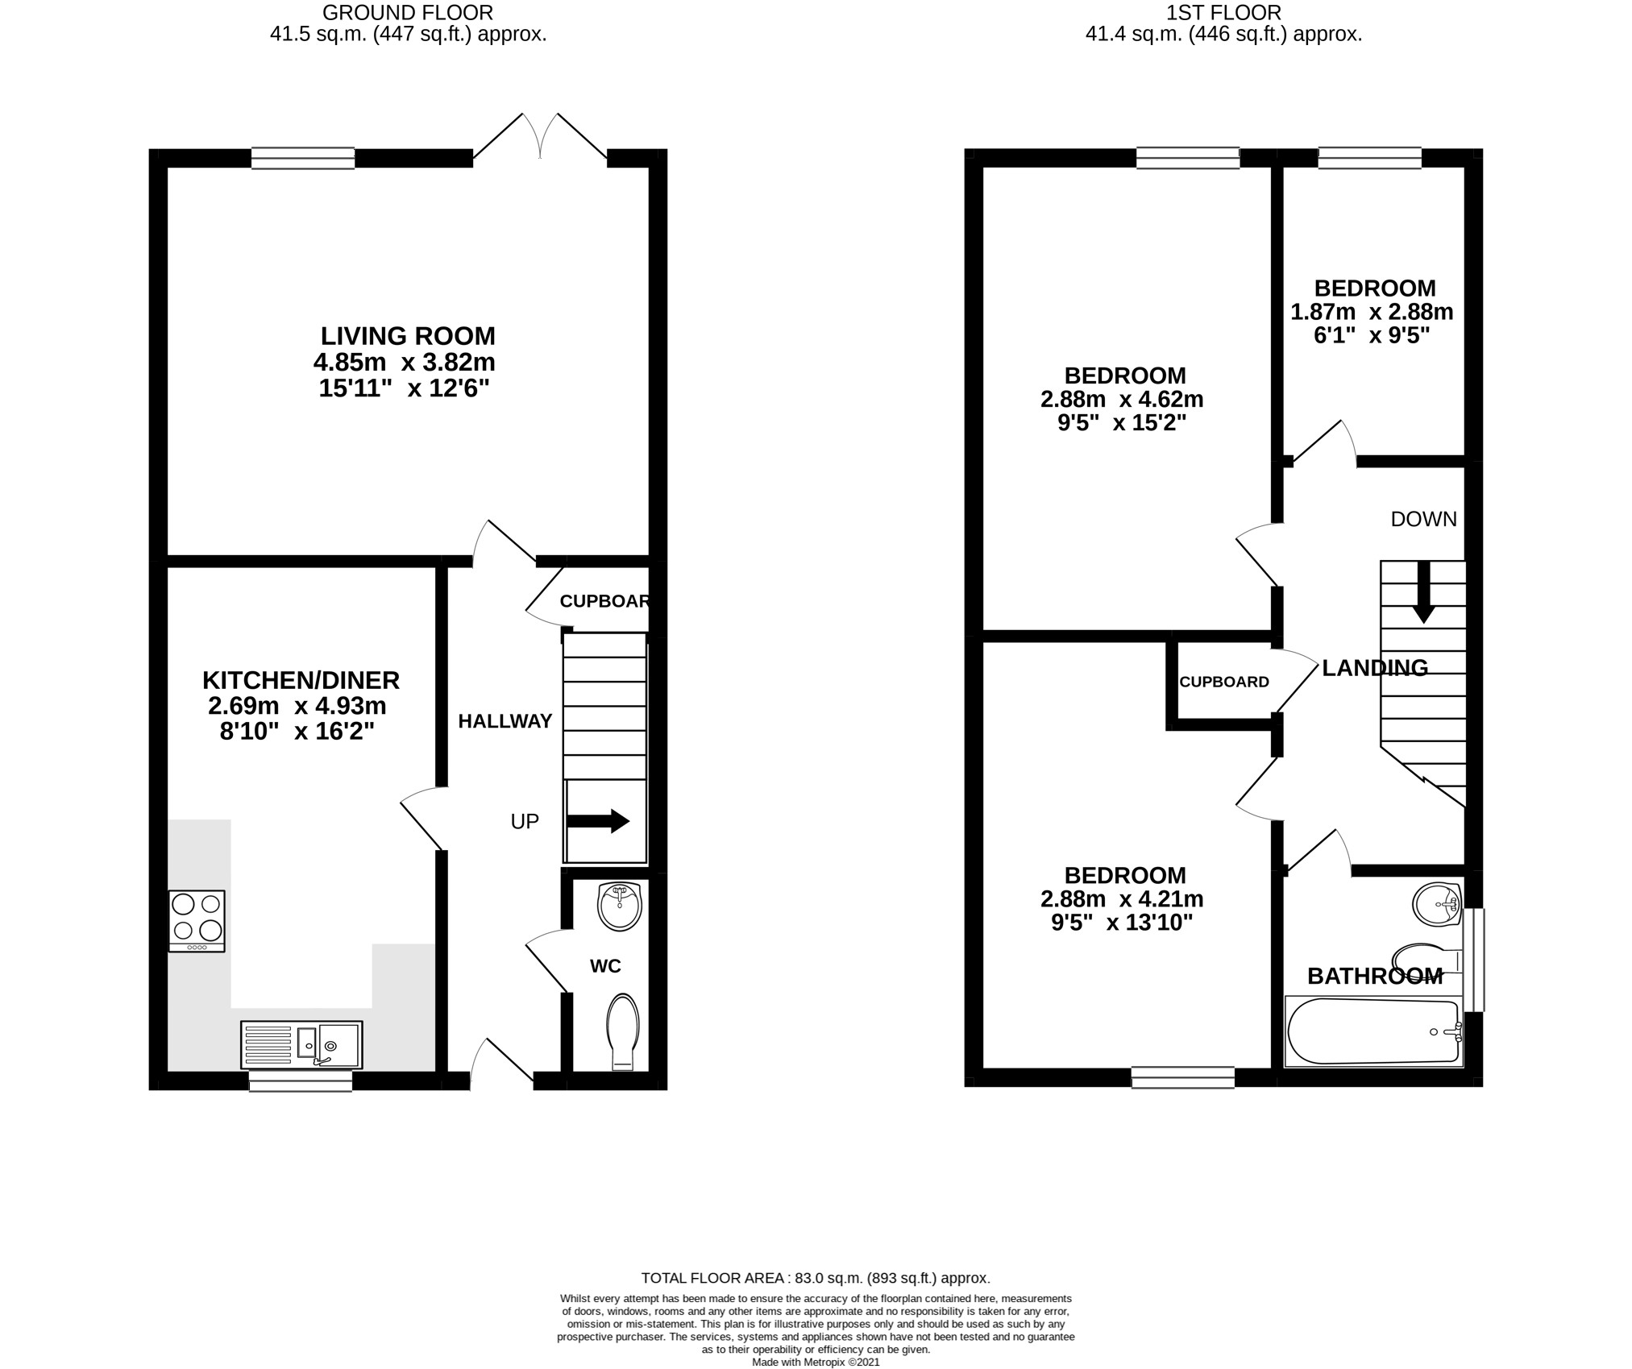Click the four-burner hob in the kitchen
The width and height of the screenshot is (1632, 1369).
pyautogui.click(x=197, y=921)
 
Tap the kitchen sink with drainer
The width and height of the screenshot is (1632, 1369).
pyautogui.click(x=301, y=1045)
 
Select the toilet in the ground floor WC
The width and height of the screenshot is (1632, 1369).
pyautogui.click(x=623, y=1032)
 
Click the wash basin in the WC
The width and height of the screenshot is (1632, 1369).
pyautogui.click(x=620, y=906)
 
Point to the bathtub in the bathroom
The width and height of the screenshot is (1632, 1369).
pyautogui.click(x=1373, y=1031)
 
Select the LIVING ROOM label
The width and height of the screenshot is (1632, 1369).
pyautogui.click(x=408, y=335)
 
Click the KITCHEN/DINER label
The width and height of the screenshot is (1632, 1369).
pyautogui.click(x=301, y=680)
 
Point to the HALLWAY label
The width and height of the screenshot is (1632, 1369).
pyautogui.click(x=505, y=721)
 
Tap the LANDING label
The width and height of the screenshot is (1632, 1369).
pyautogui.click(x=1375, y=667)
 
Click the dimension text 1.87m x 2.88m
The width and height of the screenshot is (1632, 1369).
pyautogui.click(x=1372, y=312)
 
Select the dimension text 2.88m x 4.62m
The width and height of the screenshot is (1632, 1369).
pyautogui.click(x=1122, y=399)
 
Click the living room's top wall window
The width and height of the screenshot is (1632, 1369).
pyautogui.click(x=303, y=158)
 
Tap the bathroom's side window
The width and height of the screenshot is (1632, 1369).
pyautogui.click(x=1474, y=960)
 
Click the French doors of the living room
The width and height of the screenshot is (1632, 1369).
pyautogui.click(x=540, y=137)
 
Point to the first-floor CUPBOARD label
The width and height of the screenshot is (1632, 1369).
pyautogui.click(x=1224, y=682)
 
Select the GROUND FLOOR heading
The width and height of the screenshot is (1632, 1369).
pyautogui.click(x=408, y=13)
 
